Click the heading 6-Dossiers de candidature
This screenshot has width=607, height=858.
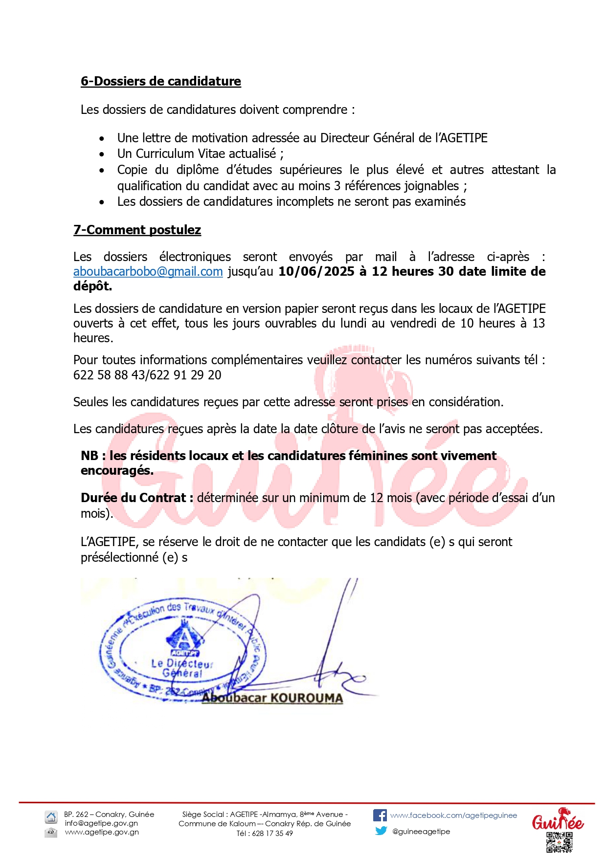(160, 81)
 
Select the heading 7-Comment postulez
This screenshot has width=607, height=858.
(137, 230)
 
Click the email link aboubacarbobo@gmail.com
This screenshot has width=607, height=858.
(148, 272)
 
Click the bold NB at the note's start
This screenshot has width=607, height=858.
(90, 456)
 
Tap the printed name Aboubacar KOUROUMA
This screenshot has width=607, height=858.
(272, 698)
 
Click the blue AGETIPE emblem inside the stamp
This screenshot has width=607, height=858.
(184, 638)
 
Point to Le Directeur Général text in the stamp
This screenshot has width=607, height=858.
(181, 668)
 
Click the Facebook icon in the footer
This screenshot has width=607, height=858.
(380, 815)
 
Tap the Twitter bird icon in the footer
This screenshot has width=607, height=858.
(381, 831)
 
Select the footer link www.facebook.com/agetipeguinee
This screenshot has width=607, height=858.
(453, 815)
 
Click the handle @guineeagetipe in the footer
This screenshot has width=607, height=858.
(421, 831)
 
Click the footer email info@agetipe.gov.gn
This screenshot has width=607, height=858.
(101, 823)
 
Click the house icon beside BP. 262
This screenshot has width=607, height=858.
(51, 816)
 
